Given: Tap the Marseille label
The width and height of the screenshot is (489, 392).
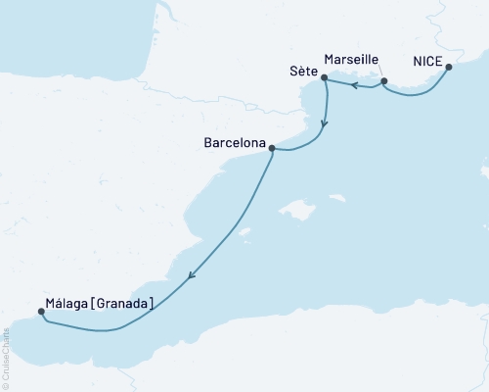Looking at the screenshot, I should tap(349, 60).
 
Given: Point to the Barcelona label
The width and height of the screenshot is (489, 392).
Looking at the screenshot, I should tap(235, 142).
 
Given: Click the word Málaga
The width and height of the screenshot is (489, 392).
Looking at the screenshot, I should tap(66, 305).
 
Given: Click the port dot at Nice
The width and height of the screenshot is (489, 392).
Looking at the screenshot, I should tap(449, 68).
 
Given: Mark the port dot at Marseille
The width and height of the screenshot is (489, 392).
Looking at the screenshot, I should tap(384, 80).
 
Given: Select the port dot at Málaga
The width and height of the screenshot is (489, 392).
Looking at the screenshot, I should tap(40, 313).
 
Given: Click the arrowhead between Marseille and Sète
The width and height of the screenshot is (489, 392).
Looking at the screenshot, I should tap(354, 86).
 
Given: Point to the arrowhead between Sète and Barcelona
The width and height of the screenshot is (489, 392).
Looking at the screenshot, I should tap(325, 125).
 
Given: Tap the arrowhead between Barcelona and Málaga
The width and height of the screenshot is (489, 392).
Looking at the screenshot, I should tap(191, 275).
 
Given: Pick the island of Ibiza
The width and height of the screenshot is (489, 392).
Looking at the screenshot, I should tap(245, 232).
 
